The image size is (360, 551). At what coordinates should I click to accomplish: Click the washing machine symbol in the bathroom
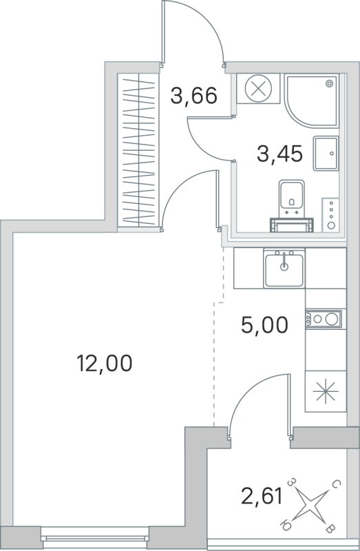pyautogui.click(x=259, y=90)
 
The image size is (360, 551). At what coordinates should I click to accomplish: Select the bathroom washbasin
pyautogui.click(x=326, y=152)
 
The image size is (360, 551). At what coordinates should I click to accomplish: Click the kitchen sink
pyautogui.click(x=284, y=269)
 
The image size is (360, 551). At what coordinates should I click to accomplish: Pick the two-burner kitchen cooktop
pyautogui.click(x=323, y=319)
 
